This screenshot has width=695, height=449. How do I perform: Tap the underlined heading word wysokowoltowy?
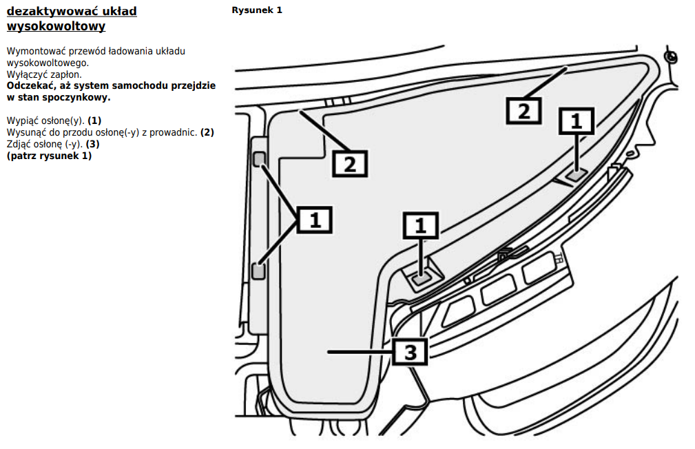click(x=56, y=27)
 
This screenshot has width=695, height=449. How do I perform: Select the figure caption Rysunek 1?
click(x=257, y=10)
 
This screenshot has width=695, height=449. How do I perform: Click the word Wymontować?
click(x=32, y=52)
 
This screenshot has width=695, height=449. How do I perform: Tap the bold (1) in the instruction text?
click(x=94, y=121)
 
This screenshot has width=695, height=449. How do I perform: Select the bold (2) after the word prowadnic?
click(x=207, y=132)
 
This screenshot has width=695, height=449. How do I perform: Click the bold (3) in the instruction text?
click(x=93, y=144)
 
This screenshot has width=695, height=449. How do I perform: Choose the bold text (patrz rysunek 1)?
click(x=49, y=156)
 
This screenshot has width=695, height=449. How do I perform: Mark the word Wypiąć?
click(x=21, y=121)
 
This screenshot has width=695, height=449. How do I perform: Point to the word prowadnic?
click(x=176, y=132)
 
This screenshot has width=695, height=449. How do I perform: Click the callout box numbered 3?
click(x=410, y=352)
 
